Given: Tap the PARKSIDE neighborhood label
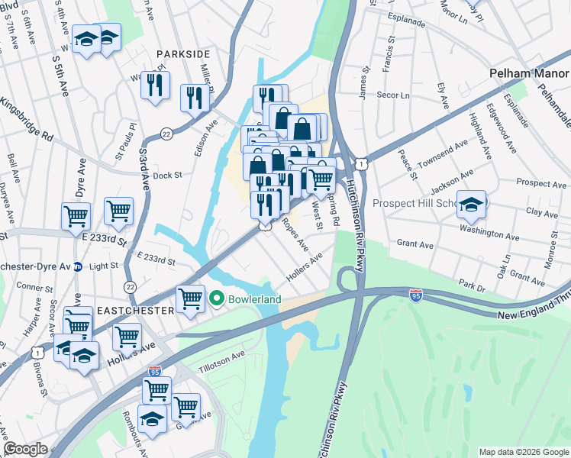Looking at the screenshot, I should [182, 54].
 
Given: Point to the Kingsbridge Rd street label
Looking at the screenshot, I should [27, 120].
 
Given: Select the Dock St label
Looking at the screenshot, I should [167, 175].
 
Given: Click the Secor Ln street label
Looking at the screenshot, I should [394, 96].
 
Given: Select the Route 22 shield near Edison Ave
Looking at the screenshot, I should [166, 134].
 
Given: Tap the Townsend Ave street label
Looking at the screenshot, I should [444, 153].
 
